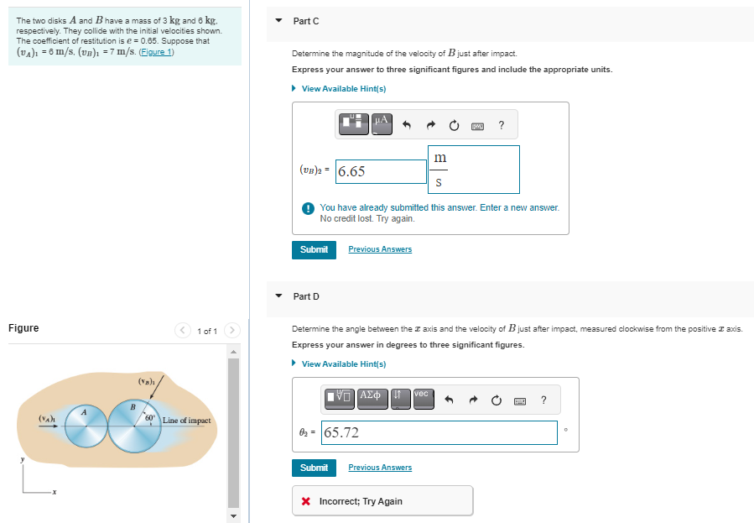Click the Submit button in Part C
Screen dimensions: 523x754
click(314, 249)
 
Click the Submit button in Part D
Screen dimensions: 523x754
click(314, 468)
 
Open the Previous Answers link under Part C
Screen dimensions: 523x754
click(380, 249)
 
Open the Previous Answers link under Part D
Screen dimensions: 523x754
click(380, 468)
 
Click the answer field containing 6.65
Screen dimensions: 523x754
click(382, 171)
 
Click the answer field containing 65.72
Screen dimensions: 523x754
click(439, 432)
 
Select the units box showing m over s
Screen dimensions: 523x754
click(474, 169)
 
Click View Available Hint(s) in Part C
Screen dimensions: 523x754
click(343, 89)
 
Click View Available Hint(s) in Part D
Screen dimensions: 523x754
click(343, 364)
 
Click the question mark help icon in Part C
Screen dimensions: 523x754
click(501, 126)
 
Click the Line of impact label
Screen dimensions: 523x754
click(186, 421)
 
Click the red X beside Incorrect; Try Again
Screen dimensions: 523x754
click(306, 501)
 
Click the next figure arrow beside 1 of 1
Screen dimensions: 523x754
click(233, 330)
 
